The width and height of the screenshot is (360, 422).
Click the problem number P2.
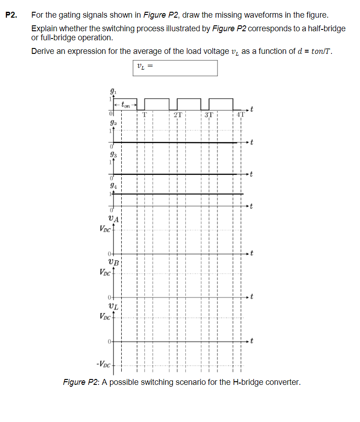point(11,15)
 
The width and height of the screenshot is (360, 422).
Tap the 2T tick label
point(178,115)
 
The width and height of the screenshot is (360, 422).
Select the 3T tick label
point(208,115)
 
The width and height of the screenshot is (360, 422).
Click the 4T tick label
point(240,115)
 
